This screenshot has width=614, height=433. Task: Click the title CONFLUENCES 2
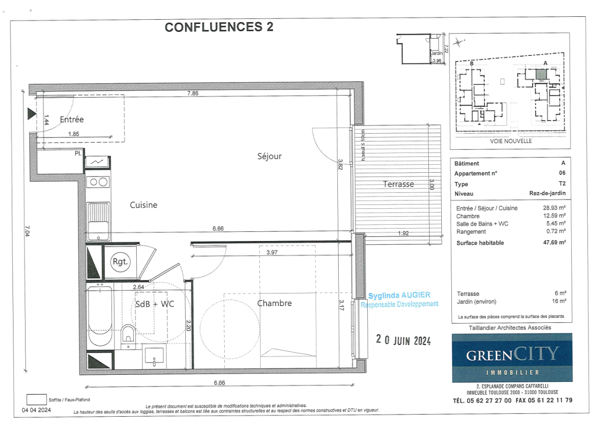[x=219, y=27]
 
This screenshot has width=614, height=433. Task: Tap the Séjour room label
[x=269, y=156]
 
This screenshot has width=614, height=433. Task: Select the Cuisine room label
[x=143, y=205]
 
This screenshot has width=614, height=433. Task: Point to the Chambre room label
[x=274, y=303]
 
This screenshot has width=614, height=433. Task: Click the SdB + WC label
[x=155, y=304]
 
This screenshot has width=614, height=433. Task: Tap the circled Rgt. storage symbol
[x=120, y=262]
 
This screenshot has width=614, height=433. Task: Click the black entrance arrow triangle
[x=32, y=114]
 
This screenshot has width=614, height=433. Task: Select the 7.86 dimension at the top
[x=192, y=93]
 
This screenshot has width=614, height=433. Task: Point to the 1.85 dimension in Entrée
[x=74, y=134]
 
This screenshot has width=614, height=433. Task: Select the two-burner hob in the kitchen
[x=99, y=182]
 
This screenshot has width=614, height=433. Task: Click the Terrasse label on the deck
[x=398, y=184]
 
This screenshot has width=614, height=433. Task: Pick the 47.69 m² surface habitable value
[x=554, y=242]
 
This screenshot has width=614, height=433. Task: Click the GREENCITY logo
[x=512, y=357]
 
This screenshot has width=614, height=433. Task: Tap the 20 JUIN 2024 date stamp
[x=403, y=340]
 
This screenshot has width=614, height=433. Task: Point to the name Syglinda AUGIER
[x=399, y=295]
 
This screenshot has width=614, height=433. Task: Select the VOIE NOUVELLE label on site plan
[x=511, y=141]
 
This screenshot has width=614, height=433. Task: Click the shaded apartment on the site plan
[x=541, y=74]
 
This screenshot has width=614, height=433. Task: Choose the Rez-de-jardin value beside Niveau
[x=548, y=193]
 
